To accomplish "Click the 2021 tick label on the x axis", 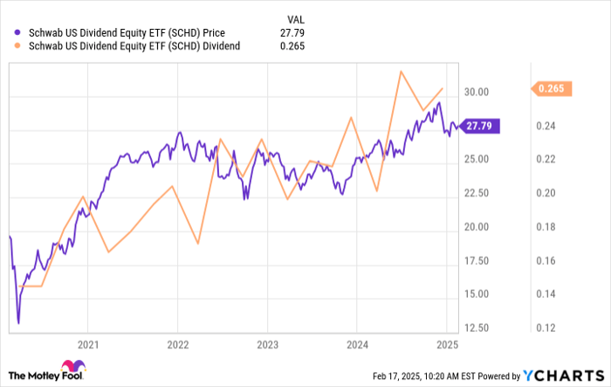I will point(87,344).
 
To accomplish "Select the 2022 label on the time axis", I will point(177,344).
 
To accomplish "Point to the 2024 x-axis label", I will point(356,344).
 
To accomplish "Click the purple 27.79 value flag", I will point(479,126).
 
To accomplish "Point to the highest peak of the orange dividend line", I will point(401,71).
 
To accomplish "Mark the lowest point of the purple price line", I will point(17,322).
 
